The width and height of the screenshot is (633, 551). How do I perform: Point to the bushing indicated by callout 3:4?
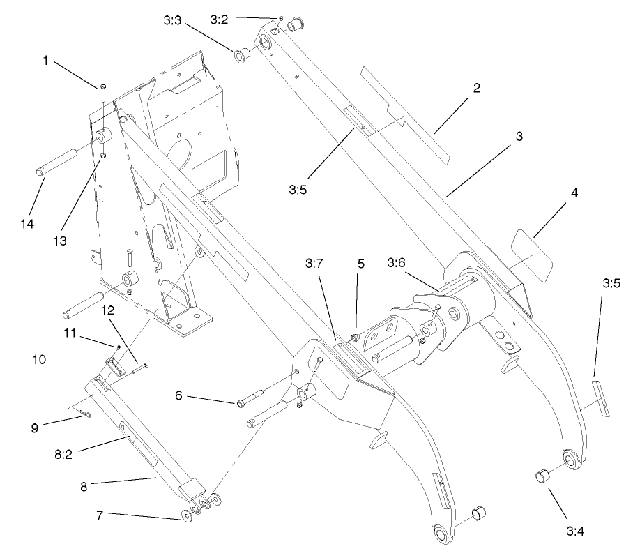(x=542, y=477)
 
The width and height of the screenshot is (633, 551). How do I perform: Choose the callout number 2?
(x=476, y=88)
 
